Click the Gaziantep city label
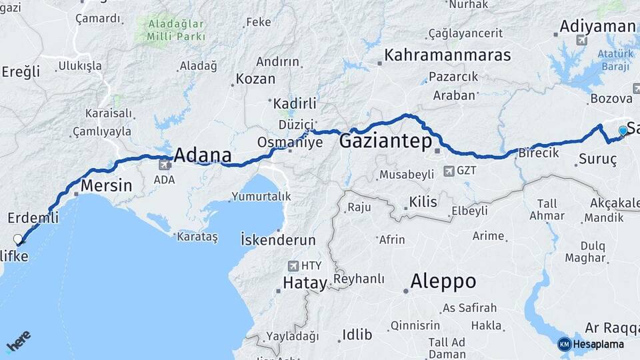(385, 141)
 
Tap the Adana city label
(203, 156)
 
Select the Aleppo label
(443, 281)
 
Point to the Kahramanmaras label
(447, 55)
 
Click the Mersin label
(106, 185)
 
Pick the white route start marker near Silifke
(18, 239)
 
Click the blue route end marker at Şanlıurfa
(623, 131)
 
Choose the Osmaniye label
(290, 142)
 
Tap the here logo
(18, 341)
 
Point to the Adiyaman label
(598, 26)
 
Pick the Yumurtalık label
(261, 197)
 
